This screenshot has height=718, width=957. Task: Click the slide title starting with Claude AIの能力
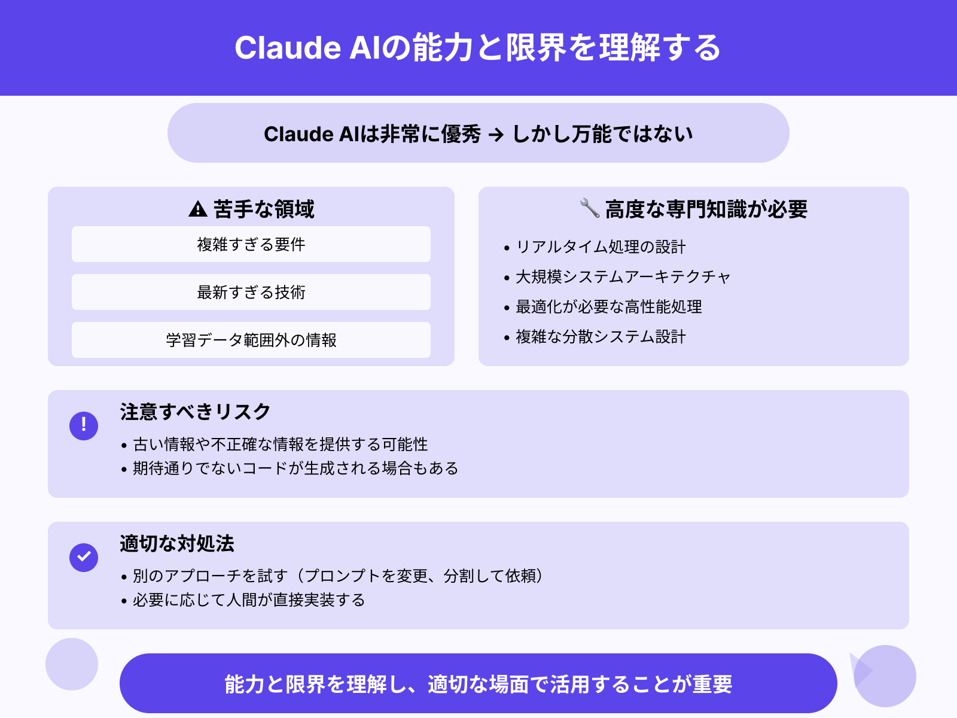click(x=477, y=48)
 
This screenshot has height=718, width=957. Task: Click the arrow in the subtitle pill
click(x=496, y=135)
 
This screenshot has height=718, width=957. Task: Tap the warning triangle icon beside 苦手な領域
click(x=198, y=209)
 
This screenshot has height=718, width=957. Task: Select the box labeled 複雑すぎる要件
click(x=251, y=244)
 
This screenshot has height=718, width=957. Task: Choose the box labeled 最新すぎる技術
click(x=251, y=292)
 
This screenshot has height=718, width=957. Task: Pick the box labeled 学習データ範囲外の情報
click(x=251, y=340)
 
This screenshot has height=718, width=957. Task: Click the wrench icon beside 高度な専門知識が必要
click(x=590, y=208)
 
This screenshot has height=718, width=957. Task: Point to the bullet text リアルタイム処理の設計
click(x=601, y=247)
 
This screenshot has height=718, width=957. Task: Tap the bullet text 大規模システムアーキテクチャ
click(x=623, y=277)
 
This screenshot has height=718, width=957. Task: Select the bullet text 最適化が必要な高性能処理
click(x=609, y=307)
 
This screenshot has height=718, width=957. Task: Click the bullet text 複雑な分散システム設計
click(x=601, y=337)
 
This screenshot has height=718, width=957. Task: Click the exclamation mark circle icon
click(x=84, y=425)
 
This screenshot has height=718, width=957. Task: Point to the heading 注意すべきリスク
click(x=195, y=412)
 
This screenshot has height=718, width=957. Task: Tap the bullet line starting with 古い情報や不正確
click(x=280, y=445)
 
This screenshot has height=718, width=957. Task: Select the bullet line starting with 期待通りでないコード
click(x=295, y=468)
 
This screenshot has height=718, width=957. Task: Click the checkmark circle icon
click(x=84, y=557)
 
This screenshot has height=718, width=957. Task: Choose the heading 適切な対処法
click(x=177, y=543)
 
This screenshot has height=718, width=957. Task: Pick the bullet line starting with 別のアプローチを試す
click(x=337, y=576)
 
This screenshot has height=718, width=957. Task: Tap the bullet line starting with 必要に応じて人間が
click(x=249, y=600)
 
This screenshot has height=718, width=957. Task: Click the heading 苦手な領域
click(x=264, y=209)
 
